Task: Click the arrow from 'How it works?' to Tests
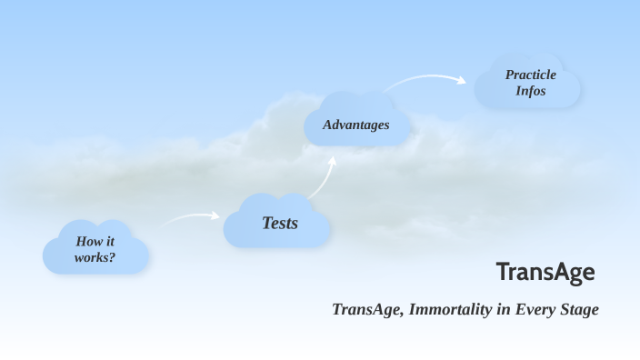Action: tap(189, 218)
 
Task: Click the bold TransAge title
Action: tap(545, 271)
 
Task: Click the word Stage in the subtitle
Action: tap(576, 309)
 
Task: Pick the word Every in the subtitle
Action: tap(531, 309)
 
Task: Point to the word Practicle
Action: tap(531, 75)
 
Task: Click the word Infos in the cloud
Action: tap(531, 91)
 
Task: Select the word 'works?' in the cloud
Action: tap(95, 257)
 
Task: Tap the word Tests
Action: tap(280, 223)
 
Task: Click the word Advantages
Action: tap(356, 125)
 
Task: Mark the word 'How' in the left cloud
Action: tap(87, 242)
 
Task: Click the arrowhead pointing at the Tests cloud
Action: tap(215, 215)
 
